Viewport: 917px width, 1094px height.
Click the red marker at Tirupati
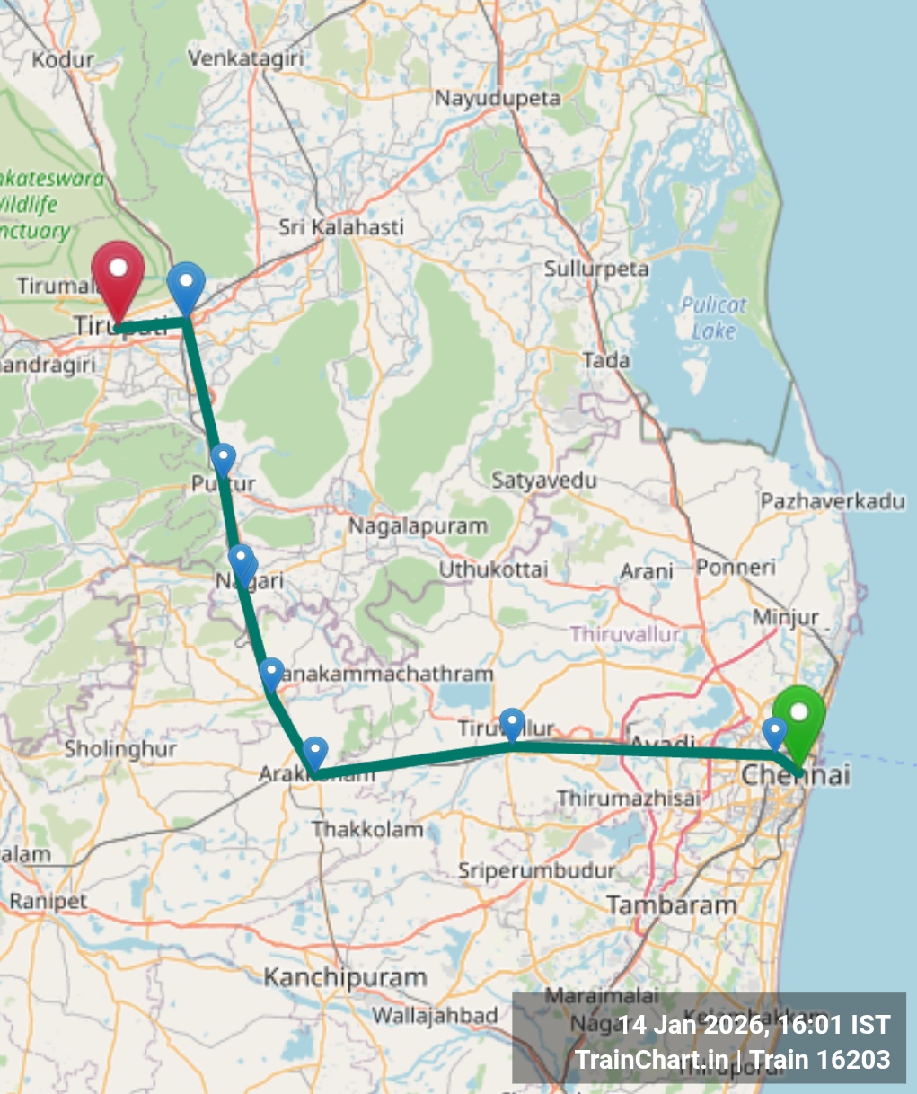point(119,273)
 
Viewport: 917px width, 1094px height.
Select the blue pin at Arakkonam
point(315,753)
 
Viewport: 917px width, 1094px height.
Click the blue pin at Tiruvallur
point(512,724)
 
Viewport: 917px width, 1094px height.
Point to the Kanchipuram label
point(345,977)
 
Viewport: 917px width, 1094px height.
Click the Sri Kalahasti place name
point(341,227)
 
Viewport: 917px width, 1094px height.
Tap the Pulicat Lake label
point(713,318)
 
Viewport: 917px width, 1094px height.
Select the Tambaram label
point(671,905)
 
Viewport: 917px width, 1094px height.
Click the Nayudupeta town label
point(498,98)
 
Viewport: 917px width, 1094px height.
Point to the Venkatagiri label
point(246,58)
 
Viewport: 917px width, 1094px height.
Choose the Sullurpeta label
point(596,269)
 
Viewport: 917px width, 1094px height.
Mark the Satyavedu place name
point(544,481)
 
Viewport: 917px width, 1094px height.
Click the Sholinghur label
point(120,748)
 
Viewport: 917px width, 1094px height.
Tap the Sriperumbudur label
point(536,870)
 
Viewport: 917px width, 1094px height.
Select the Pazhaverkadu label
point(833,501)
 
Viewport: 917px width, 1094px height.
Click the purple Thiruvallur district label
point(625,634)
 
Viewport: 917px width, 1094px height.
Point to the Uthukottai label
point(493,569)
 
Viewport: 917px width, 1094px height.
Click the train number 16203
point(854,1060)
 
